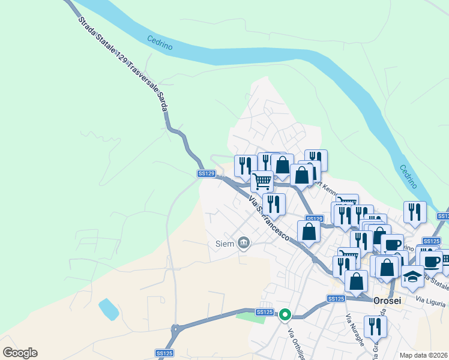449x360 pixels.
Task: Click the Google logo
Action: (20, 353)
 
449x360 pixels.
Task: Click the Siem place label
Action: (225, 244)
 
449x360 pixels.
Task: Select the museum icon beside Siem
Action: (243, 243)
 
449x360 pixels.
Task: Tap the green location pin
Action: (286, 314)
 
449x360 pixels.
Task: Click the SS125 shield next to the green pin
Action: (264, 312)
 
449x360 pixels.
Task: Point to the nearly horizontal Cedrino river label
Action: (160, 43)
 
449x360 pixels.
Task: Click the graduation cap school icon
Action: (412, 277)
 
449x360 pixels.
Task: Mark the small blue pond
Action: (108, 308)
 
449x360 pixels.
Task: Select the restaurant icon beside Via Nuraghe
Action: (375, 327)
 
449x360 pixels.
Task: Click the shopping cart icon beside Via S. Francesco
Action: (262, 181)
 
